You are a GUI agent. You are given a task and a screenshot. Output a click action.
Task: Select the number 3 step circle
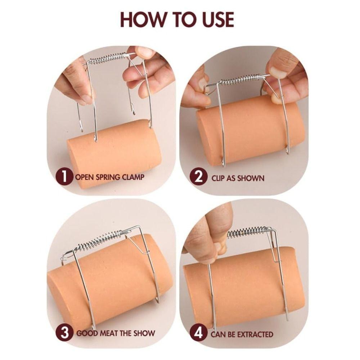click(x=65, y=333)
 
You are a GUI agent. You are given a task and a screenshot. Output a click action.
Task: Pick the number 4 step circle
click(x=198, y=333)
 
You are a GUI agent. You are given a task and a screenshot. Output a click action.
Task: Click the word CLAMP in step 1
click(x=133, y=177)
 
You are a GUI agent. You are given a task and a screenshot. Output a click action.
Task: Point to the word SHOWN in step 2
click(x=251, y=178)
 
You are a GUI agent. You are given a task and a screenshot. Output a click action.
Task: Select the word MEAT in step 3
click(x=108, y=333)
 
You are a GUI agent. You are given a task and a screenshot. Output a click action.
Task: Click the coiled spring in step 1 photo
click(x=107, y=59)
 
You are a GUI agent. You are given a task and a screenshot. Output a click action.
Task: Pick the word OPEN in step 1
click(x=85, y=177)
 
